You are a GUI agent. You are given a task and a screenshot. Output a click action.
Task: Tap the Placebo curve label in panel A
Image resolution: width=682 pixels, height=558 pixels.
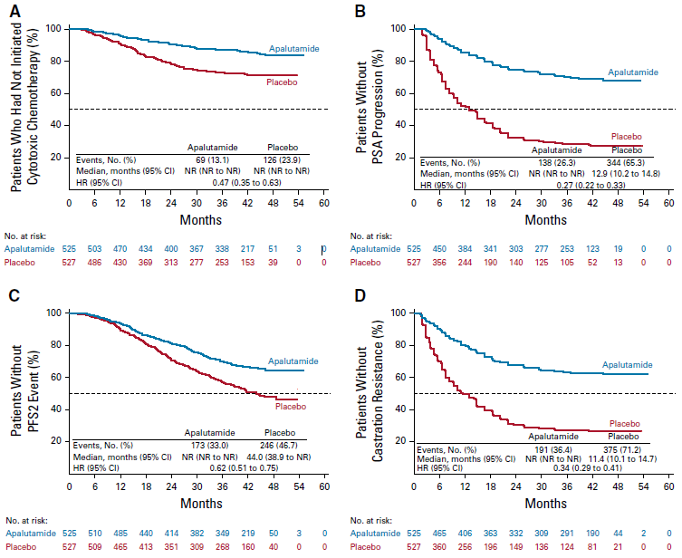[283, 82]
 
